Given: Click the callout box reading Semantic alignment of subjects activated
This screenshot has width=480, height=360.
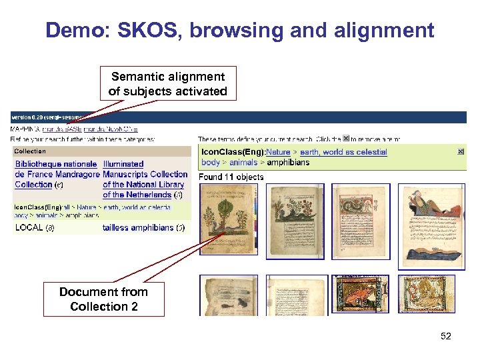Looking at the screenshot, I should tap(168, 84).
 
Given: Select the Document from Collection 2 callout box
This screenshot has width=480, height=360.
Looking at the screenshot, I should tap(103, 299).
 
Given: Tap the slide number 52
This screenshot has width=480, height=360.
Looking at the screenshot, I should tap(446, 336).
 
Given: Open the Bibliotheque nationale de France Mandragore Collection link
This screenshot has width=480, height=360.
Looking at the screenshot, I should tap(56, 174).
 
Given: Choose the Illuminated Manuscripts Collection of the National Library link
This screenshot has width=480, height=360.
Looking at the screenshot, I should tap(144, 179).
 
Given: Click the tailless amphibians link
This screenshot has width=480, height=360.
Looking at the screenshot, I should tap(138, 227).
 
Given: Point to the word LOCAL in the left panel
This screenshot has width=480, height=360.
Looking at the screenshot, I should tap(29, 227).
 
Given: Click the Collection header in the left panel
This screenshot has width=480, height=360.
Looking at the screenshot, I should tap(30, 151).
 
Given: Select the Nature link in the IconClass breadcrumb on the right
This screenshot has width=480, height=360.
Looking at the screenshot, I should tap(278, 152).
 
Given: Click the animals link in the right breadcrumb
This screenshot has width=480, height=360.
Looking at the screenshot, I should tap(243, 162).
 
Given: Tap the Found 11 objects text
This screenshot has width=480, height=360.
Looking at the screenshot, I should tap(231, 177).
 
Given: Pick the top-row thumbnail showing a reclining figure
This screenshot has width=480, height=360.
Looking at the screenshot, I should tap(431, 226).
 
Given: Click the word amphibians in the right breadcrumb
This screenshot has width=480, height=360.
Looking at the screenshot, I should tap(288, 162).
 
